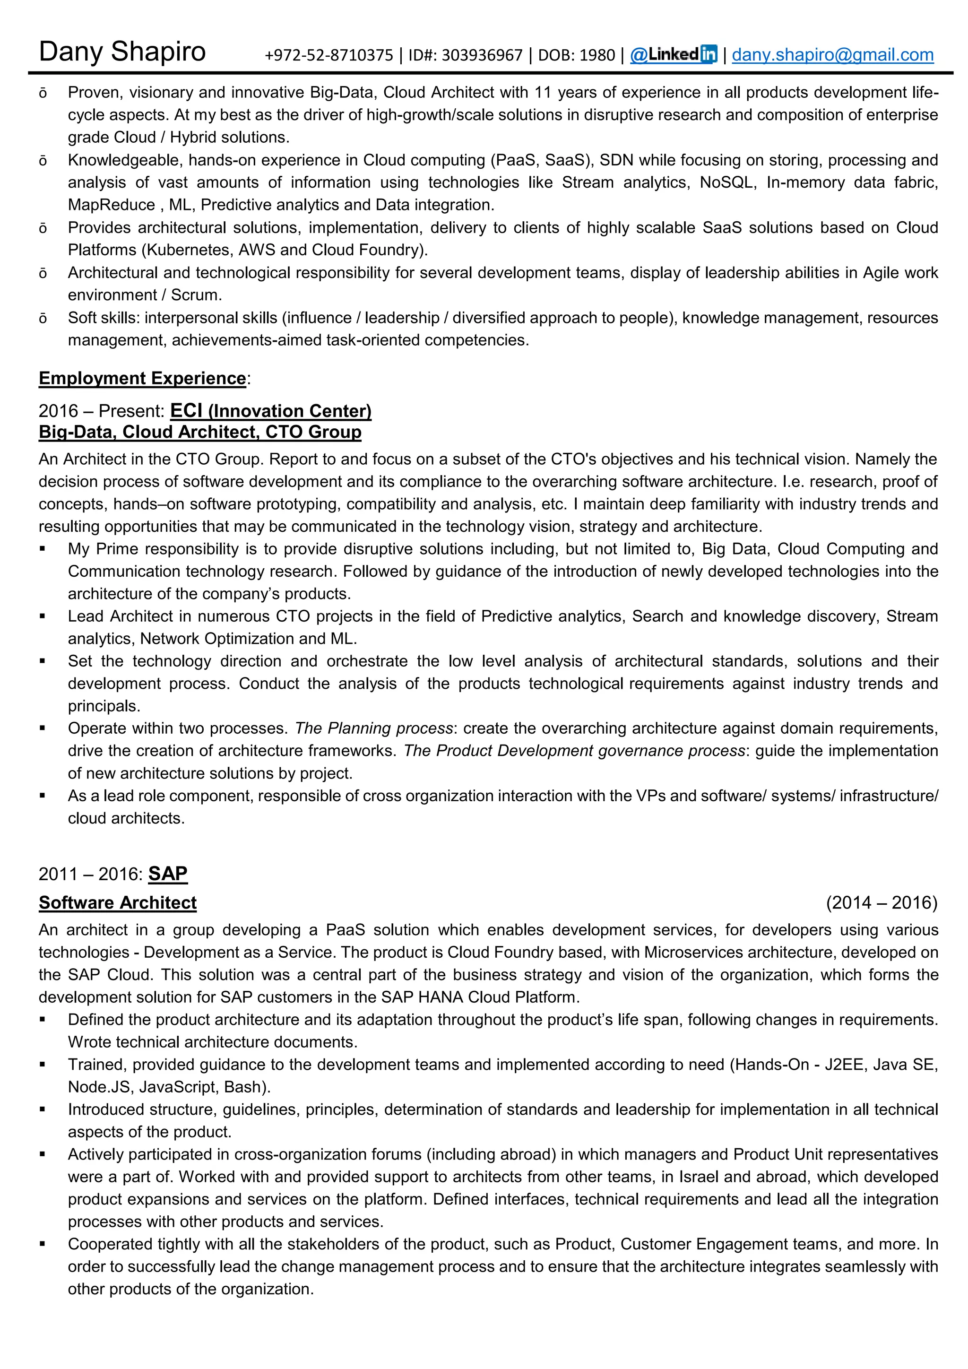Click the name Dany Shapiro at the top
(x=122, y=52)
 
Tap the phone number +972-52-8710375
(x=328, y=55)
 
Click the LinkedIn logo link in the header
(x=674, y=55)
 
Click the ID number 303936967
(x=482, y=55)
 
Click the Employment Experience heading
(x=142, y=378)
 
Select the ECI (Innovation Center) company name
(x=271, y=411)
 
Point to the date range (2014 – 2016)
(x=881, y=903)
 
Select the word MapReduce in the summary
(x=112, y=205)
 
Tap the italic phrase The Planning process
(x=374, y=728)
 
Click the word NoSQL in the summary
(x=726, y=182)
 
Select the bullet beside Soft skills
(x=43, y=319)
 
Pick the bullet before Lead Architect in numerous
(x=43, y=616)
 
